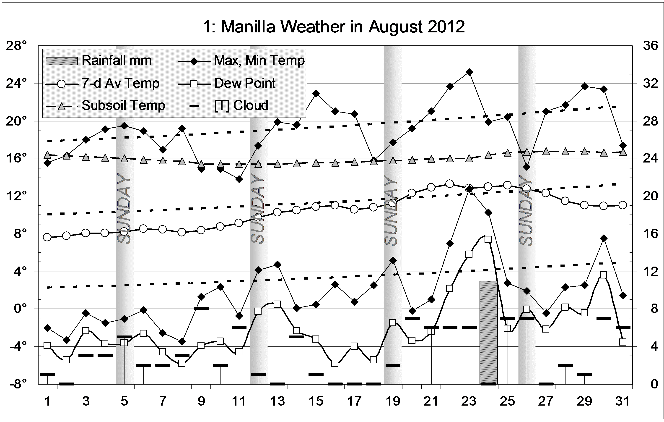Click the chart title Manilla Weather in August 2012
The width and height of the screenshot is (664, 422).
[334, 27]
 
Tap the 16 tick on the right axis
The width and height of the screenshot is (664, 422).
[650, 234]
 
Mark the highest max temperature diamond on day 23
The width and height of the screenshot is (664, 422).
[469, 72]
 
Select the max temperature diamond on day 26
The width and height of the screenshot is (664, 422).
[527, 167]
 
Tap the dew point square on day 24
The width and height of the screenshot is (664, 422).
[488, 239]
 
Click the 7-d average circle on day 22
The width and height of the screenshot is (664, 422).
[450, 184]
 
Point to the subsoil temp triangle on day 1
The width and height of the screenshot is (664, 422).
[47, 155]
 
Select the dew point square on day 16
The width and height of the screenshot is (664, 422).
[335, 363]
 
